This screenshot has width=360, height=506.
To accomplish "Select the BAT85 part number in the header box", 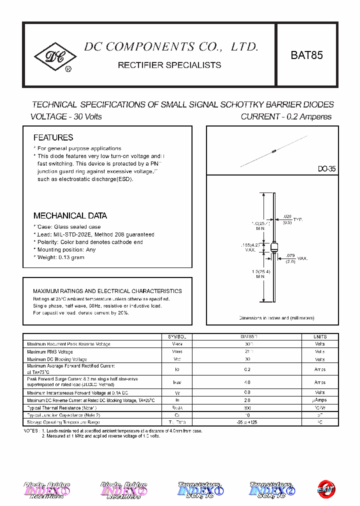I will [306, 55].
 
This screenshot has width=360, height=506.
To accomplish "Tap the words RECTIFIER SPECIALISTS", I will [169, 65].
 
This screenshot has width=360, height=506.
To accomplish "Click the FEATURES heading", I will [53, 137].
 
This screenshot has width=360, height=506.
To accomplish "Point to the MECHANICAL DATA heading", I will [70, 216].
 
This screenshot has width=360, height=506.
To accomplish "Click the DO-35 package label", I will [326, 169].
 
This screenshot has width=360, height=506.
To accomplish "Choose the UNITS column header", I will [320, 336].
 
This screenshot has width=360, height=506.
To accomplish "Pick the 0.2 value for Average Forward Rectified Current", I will [247, 369].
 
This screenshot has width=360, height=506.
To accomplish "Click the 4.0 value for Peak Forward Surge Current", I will [247, 382].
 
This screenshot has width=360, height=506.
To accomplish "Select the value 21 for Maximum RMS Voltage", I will [247, 351].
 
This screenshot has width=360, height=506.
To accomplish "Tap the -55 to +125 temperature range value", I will [247, 422].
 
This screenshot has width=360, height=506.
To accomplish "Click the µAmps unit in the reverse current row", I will [320, 400].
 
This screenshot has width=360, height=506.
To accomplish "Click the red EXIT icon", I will [327, 489].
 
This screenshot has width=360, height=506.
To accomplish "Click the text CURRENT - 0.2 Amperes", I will [286, 116].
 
